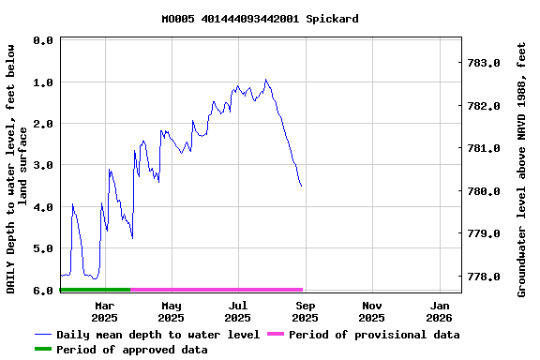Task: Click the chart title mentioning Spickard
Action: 260,19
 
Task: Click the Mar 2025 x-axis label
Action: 105,311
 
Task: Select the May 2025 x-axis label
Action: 172,311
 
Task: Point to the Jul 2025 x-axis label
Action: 238,311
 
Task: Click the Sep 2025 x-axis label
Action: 306,311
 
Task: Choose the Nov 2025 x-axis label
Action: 372,311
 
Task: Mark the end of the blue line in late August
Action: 301,186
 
